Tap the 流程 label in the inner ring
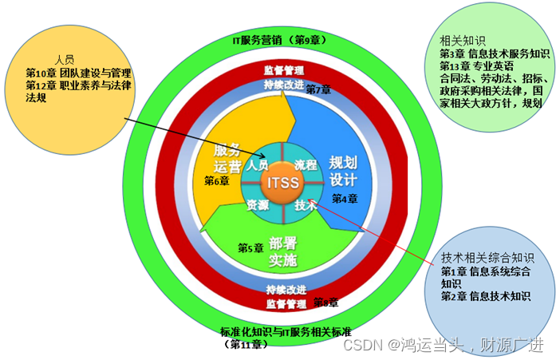pos(305,164)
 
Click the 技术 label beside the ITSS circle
pos(306,204)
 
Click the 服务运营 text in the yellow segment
pos(227,159)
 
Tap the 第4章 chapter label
pos(345,199)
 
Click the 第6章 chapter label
pos(216,181)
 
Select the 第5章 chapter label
pos(250,248)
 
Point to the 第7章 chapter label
pos(318,89)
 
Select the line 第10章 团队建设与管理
pos(78,73)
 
